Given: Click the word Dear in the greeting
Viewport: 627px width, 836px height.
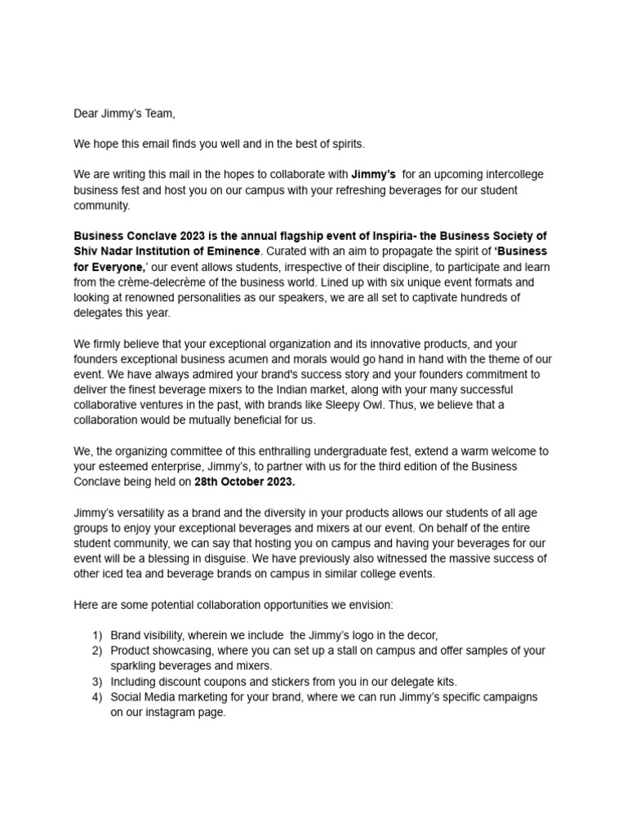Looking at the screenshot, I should tap(87, 113).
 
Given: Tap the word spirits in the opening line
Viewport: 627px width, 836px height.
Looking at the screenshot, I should tap(346, 144).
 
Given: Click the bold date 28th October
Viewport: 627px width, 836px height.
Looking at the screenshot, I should tap(238, 482).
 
